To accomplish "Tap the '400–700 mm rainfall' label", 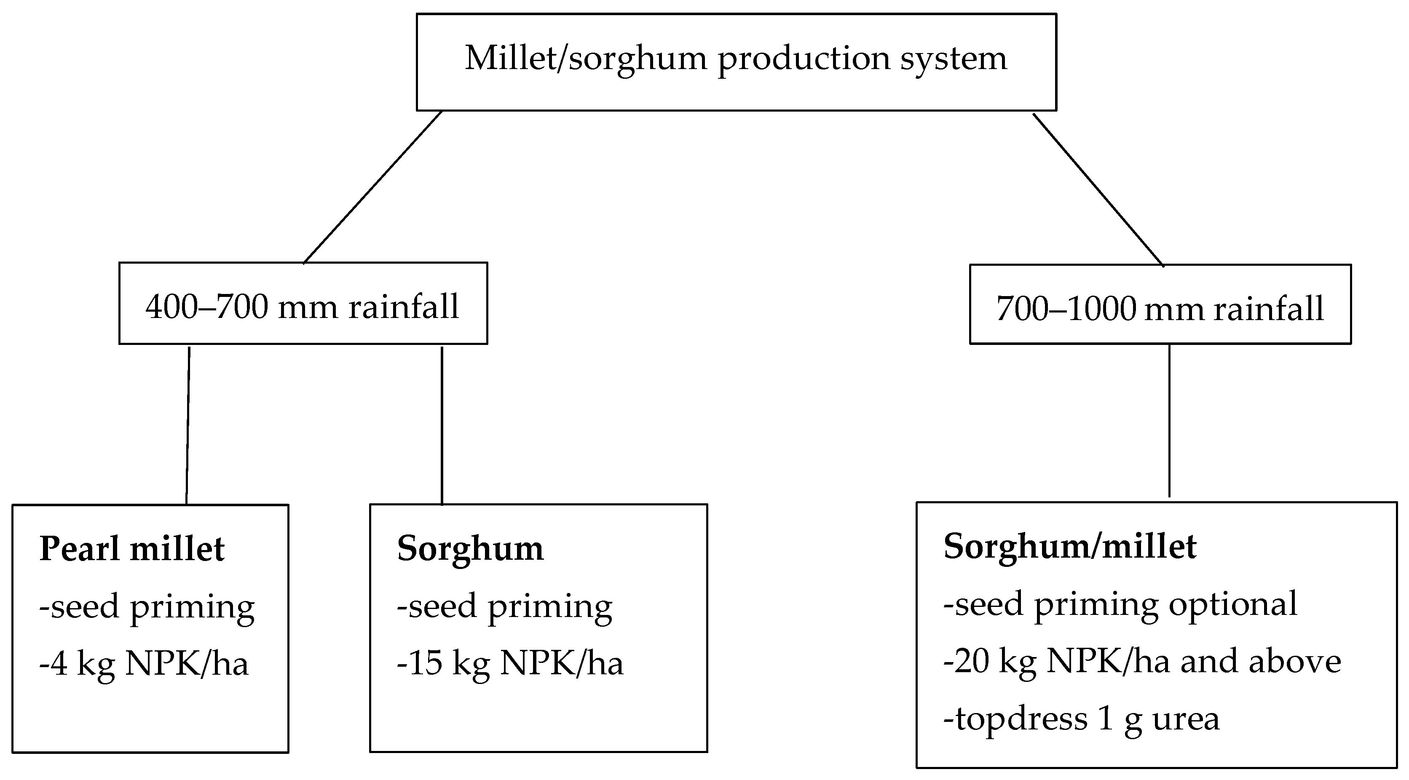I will (x=303, y=307).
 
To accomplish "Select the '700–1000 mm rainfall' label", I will (x=1160, y=309).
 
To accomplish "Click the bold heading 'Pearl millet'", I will (x=132, y=549).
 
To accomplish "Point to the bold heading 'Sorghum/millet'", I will (x=1070, y=546).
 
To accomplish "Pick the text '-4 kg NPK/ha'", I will (x=144, y=664).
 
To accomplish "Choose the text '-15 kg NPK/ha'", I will (x=510, y=664).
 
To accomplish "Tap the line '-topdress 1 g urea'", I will (x=1081, y=719).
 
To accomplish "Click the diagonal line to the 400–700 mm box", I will (x=372, y=187).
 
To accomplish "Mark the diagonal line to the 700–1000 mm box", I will (x=1098, y=189).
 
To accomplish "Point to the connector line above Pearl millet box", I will (x=188, y=425).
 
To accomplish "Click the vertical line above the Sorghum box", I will (x=442, y=425).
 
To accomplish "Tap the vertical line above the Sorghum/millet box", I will (x=1169, y=421).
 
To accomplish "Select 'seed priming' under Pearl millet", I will (x=147, y=607).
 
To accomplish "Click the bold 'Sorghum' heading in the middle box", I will (x=470, y=548).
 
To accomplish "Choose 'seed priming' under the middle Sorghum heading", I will (x=504, y=607).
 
